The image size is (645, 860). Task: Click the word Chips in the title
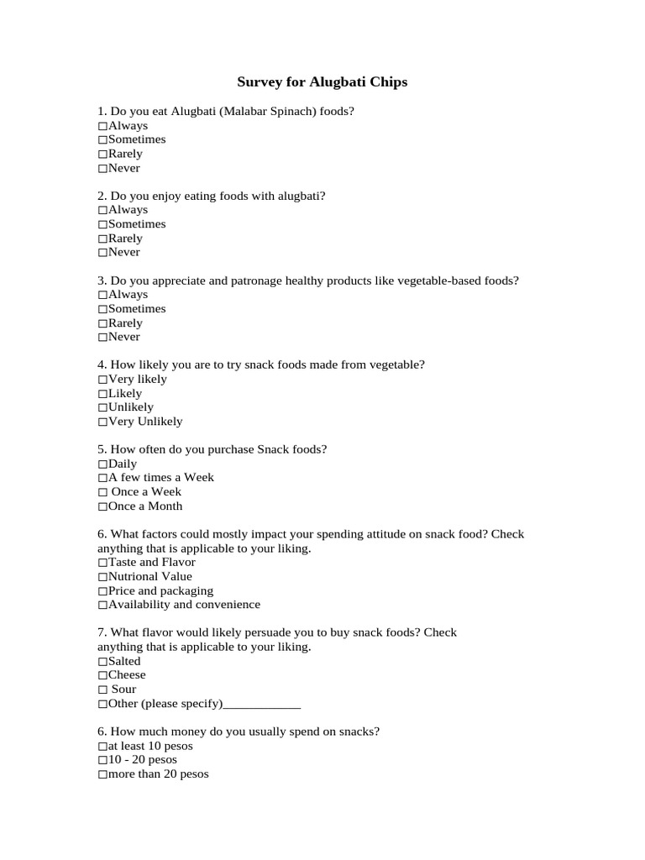tap(385, 82)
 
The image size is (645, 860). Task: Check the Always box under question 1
tap(102, 126)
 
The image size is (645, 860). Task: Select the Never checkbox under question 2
tap(102, 253)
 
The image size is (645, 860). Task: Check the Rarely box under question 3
tap(102, 323)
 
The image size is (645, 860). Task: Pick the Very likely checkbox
tap(102, 380)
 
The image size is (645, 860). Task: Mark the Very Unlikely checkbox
tap(102, 422)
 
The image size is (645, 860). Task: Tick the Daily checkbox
tap(102, 464)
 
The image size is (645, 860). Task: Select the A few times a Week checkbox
tap(102, 478)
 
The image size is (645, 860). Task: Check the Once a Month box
tap(102, 507)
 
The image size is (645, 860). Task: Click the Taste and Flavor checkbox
tap(102, 563)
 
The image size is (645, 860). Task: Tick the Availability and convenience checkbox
tap(102, 606)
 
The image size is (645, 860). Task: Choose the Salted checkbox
tap(102, 662)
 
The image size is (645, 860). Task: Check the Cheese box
tap(102, 675)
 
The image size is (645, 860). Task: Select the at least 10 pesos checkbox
tap(102, 747)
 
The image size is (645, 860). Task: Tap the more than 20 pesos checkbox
tap(102, 775)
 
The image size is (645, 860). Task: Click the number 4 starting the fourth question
tap(101, 364)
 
